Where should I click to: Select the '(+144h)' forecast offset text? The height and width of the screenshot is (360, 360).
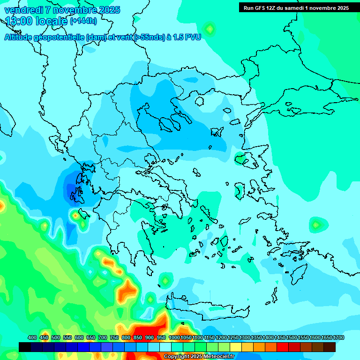pos(83,21)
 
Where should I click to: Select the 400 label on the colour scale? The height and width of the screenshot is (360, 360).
pos(32,338)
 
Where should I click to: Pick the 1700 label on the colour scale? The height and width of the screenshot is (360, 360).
pos(338,338)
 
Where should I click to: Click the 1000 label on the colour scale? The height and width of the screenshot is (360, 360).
pos(174,338)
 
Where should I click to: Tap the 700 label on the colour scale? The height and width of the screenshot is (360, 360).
pos(103,338)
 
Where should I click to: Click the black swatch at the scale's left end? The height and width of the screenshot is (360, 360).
pos(25,347)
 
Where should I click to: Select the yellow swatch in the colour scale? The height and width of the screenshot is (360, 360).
pos(236,347)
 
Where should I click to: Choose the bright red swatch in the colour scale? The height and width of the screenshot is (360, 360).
pos(283,347)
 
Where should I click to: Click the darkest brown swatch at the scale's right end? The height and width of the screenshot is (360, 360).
pos(330,347)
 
